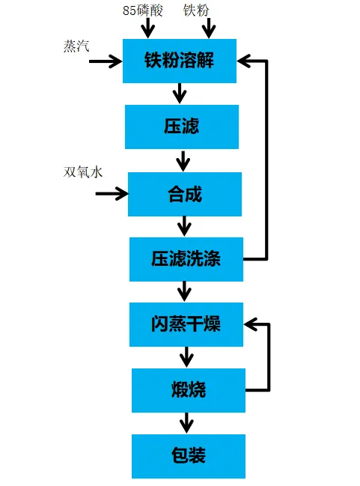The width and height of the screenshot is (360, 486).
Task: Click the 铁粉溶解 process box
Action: tap(180, 61)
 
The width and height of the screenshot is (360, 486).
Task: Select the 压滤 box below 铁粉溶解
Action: tap(182, 127)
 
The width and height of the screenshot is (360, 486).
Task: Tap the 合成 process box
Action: tap(185, 194)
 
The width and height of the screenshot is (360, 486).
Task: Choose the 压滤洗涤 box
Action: tap(186, 259)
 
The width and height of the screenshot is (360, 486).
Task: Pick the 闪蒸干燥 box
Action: tap(186, 324)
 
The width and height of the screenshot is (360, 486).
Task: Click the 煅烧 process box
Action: tap(189, 390)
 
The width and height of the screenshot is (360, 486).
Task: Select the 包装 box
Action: tap(189, 456)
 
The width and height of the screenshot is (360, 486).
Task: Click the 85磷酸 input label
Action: tap(142, 10)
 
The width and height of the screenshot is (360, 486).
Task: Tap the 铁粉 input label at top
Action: tap(196, 10)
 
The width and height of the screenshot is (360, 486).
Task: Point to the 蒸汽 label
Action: tap(76, 46)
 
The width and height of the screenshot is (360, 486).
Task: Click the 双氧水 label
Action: tap(83, 172)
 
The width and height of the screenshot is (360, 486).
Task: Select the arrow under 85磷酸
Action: tap(148, 28)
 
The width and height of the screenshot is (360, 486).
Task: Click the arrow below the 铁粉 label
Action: tap(209, 28)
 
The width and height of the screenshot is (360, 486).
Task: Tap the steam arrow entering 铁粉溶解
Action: tap(106, 61)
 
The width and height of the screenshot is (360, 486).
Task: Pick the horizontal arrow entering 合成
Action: tap(112, 194)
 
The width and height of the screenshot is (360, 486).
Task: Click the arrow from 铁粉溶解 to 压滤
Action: tap(180, 94)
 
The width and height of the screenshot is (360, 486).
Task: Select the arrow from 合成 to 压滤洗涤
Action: tap(185, 226)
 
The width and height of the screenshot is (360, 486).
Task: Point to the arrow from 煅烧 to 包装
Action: tap(187, 423)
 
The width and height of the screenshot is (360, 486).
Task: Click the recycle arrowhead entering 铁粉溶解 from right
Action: tap(244, 61)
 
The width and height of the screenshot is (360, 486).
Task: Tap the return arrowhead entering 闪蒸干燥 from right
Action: tap(251, 324)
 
